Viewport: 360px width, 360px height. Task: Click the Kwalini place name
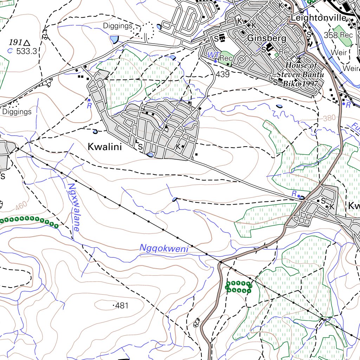(x=105, y=147)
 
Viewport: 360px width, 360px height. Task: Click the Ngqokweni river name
(x=164, y=248)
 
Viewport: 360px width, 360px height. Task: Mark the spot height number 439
(x=223, y=75)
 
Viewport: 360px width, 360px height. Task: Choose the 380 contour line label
(x=329, y=118)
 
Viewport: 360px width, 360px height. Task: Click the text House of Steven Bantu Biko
(x=301, y=75)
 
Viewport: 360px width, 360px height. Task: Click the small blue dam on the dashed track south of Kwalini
(x=174, y=200)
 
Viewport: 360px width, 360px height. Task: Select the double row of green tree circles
(x=238, y=287)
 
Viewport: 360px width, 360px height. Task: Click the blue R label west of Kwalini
(x=89, y=105)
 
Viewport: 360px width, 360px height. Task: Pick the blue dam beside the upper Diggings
(x=114, y=39)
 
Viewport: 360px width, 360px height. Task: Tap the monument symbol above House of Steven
(x=299, y=58)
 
